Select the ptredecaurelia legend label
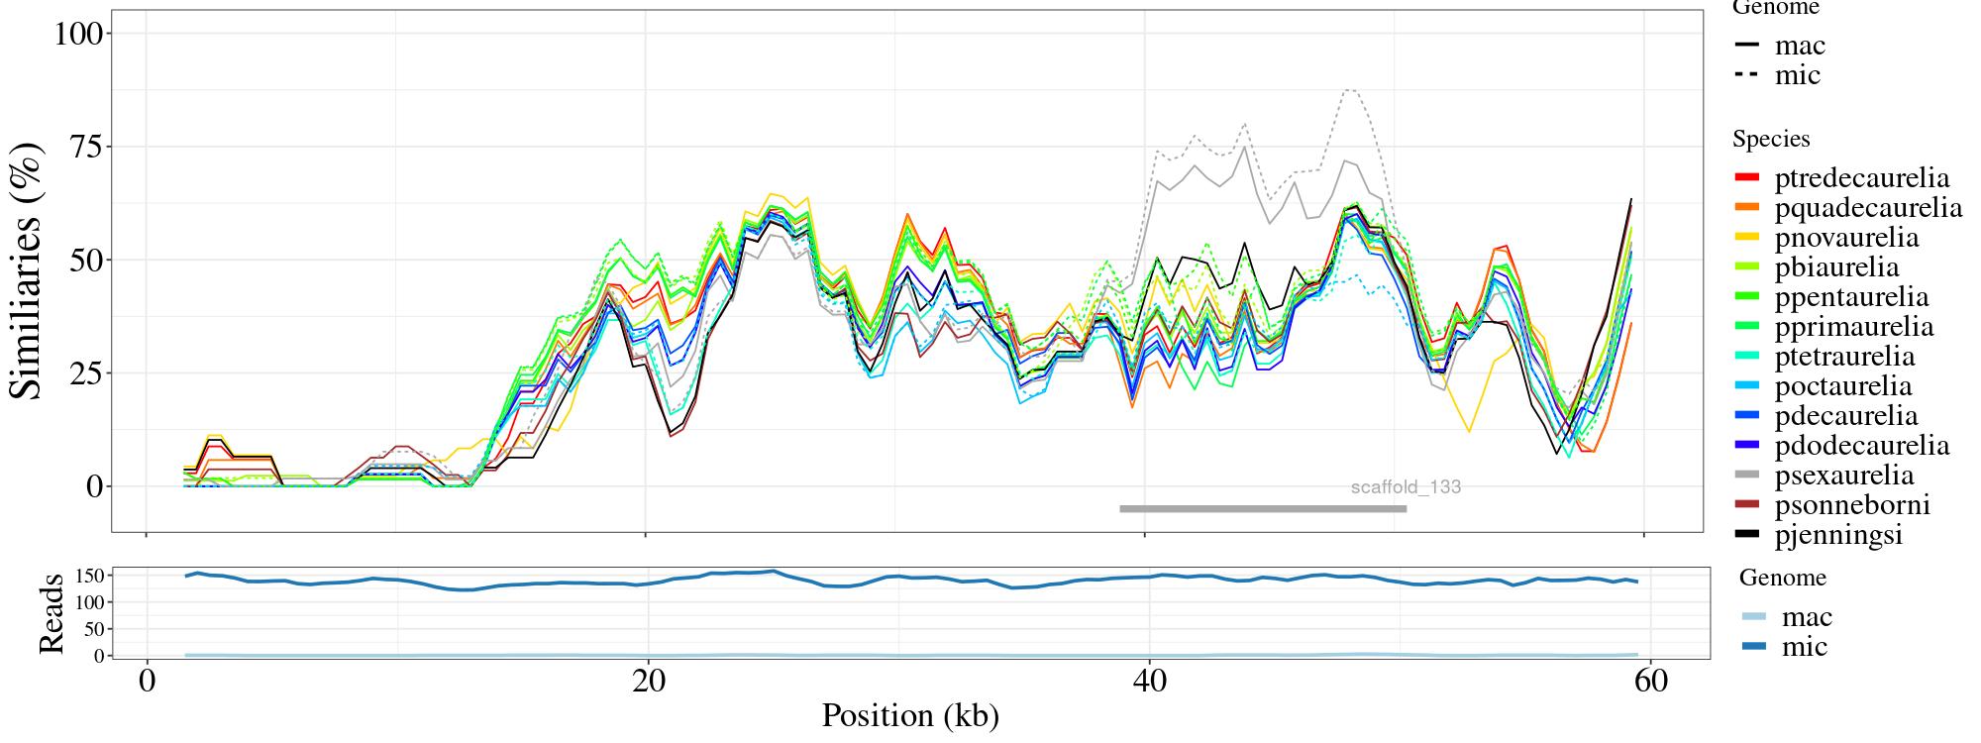[x=1861, y=178]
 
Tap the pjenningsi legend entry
[x=1838, y=535]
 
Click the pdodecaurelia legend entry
[x=1861, y=446]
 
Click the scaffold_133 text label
[x=1406, y=487]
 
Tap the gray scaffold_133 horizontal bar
[x=1263, y=509]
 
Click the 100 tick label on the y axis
[x=78, y=34]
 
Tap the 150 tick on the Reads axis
[x=90, y=576]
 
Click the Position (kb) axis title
[x=909, y=715]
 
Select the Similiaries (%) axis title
[x=28, y=269]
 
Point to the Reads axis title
[x=51, y=613]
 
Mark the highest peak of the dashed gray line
[x=1348, y=90]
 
